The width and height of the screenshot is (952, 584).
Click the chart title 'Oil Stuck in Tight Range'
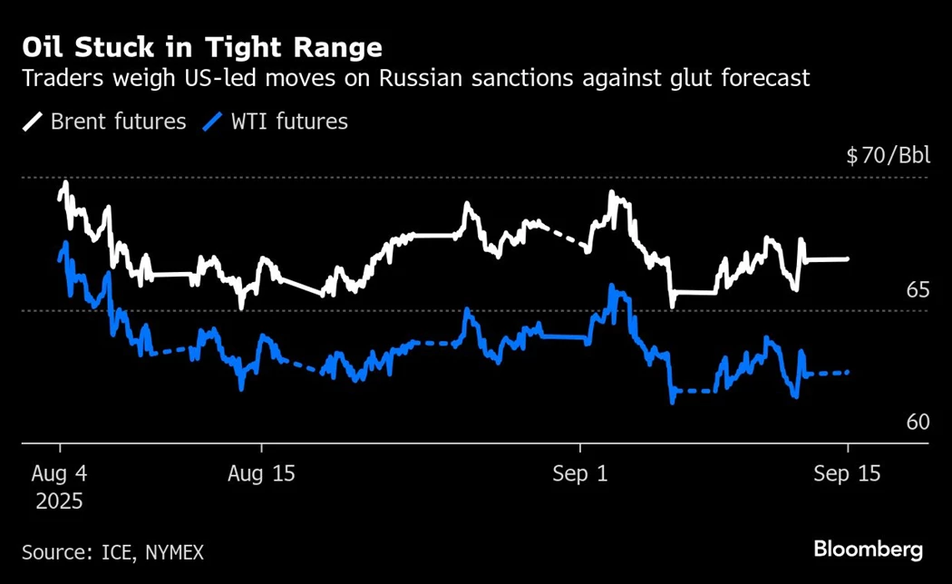(x=202, y=46)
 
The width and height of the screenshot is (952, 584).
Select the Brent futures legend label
(x=119, y=122)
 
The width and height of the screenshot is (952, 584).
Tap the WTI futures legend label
(x=288, y=122)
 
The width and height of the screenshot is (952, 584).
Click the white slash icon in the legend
(x=33, y=122)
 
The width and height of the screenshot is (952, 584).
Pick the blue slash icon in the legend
(x=215, y=122)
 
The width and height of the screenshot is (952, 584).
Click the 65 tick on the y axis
(x=918, y=290)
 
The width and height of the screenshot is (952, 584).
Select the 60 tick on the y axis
(x=918, y=423)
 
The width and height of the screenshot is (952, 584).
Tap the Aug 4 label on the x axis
(x=59, y=474)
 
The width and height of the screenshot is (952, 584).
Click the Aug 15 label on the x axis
(x=261, y=474)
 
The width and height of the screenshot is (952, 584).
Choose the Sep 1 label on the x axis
(x=580, y=474)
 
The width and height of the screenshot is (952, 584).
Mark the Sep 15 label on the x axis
(x=847, y=474)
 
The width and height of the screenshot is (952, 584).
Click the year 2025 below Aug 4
(x=59, y=501)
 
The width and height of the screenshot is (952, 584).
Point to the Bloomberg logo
(x=868, y=549)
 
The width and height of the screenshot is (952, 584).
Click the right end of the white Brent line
(x=848, y=259)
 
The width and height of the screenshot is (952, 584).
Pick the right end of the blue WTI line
(x=848, y=372)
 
